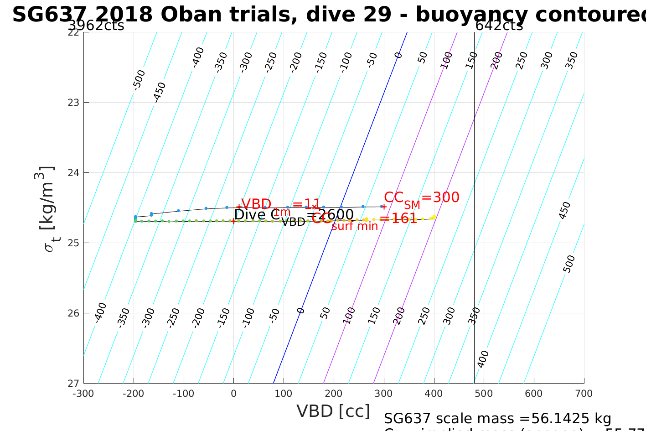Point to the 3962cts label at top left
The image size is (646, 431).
tap(96, 26)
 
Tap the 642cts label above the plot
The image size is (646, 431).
tap(499, 26)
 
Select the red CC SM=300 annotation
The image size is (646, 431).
tap(421, 198)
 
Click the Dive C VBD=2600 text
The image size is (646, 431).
tap(294, 215)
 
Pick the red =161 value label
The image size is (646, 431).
tap(398, 219)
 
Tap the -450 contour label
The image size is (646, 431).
tap(159, 92)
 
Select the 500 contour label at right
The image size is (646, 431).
tap(569, 264)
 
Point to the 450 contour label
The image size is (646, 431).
tap(565, 210)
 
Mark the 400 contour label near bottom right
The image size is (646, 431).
tap(483, 358)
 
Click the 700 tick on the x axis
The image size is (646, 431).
tap(584, 394)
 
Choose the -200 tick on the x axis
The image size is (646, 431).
tap(134, 394)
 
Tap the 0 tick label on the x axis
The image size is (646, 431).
tap(234, 394)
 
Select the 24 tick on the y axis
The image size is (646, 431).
tap(74, 172)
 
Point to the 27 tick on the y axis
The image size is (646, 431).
tap(74, 383)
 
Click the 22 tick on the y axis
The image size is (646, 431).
tap(74, 32)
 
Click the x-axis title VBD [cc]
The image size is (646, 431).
tap(333, 411)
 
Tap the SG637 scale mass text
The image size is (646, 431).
tap(497, 418)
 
